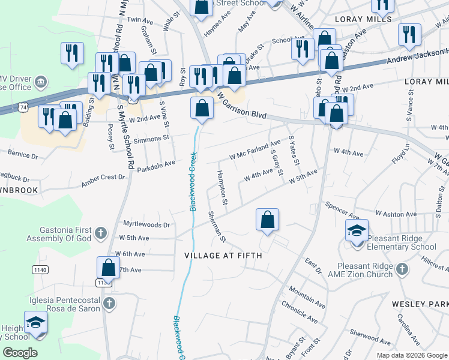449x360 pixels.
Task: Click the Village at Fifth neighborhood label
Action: [x=223, y=256]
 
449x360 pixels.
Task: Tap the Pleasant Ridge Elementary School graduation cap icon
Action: [x=356, y=230]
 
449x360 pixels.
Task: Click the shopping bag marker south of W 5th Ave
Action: [x=267, y=220]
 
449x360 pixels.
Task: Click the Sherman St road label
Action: [x=217, y=227]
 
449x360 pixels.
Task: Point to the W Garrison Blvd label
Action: [x=241, y=106]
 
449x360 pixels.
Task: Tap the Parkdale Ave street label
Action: [x=155, y=163]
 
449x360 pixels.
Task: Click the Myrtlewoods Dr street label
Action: [x=146, y=224]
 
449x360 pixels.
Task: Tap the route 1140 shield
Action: [x=40, y=271]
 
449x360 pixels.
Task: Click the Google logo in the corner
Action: [x=20, y=353]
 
